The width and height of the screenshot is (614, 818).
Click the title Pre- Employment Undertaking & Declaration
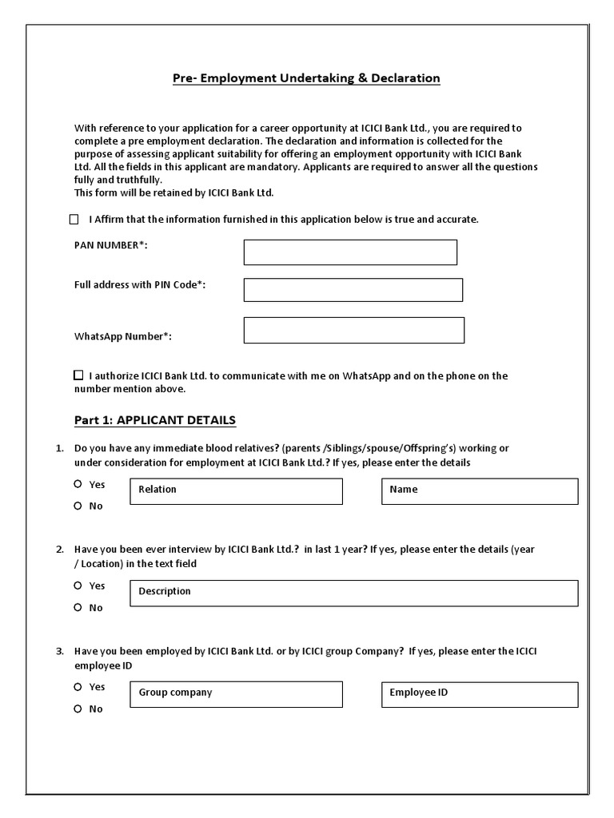(x=306, y=78)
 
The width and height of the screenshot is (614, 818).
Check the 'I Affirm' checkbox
(x=74, y=220)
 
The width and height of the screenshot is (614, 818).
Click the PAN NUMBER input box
(x=350, y=252)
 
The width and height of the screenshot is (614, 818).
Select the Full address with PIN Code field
(x=353, y=290)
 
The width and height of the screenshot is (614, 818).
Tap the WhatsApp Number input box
(x=353, y=331)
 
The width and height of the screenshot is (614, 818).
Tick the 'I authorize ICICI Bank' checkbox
(x=78, y=375)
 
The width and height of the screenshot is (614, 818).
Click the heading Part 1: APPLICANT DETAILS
(x=154, y=420)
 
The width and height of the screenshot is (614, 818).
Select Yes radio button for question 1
(x=78, y=484)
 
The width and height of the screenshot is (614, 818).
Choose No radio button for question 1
(x=78, y=506)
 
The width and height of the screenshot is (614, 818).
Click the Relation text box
(x=237, y=492)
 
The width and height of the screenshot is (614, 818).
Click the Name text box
(x=480, y=492)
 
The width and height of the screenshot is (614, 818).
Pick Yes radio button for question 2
(x=78, y=586)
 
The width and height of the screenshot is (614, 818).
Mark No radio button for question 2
(x=78, y=607)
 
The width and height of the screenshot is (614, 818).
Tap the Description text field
(x=353, y=594)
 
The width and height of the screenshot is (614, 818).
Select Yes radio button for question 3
(x=78, y=687)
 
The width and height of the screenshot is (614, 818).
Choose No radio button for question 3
(x=78, y=709)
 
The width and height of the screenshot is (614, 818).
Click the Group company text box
(x=237, y=695)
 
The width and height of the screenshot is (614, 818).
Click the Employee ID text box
(x=480, y=695)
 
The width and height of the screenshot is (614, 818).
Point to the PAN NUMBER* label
(x=111, y=245)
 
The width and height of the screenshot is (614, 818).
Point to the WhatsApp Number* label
(x=123, y=336)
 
